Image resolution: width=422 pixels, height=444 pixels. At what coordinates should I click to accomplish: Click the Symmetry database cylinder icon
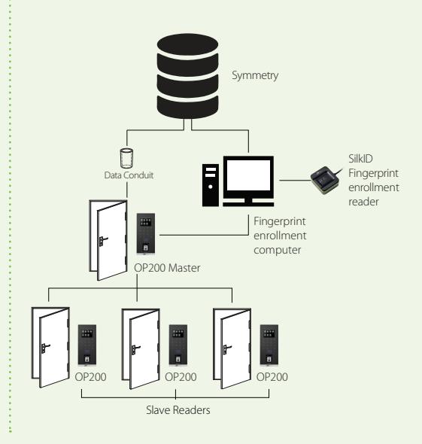click(187, 76)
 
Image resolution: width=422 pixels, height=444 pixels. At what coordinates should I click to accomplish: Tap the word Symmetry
click(255, 75)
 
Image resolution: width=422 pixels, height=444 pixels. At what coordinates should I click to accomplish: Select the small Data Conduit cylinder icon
click(126, 158)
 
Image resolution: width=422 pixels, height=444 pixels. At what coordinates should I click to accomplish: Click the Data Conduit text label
click(129, 175)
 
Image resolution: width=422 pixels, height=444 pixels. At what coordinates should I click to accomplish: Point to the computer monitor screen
click(248, 175)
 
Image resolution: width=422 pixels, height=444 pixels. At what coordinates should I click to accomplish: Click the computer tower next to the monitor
click(211, 185)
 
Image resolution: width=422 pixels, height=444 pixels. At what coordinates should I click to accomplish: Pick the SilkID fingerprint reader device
click(325, 180)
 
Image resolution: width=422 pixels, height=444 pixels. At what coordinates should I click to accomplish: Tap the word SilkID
click(360, 159)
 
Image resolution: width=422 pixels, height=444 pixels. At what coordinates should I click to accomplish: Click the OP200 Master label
click(167, 268)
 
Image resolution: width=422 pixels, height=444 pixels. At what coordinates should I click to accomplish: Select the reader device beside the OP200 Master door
click(146, 233)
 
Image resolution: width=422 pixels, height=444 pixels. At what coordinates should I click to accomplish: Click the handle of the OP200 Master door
click(102, 240)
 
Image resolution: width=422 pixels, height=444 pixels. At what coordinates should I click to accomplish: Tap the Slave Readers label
click(178, 410)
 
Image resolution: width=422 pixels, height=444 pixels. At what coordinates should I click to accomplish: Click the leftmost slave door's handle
click(45, 348)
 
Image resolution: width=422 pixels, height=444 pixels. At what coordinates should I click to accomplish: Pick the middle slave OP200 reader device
click(178, 345)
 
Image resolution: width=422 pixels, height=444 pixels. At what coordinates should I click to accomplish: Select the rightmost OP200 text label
click(272, 377)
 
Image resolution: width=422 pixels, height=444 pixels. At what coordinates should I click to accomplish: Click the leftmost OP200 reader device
click(87, 345)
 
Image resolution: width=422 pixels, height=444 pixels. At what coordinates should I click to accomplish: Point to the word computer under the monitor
click(277, 250)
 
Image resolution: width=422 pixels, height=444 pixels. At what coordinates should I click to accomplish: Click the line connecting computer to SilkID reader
click(295, 180)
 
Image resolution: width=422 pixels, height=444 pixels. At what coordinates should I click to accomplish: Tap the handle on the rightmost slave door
click(227, 348)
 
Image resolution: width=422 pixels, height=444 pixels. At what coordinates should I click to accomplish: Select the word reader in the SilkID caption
click(363, 202)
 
